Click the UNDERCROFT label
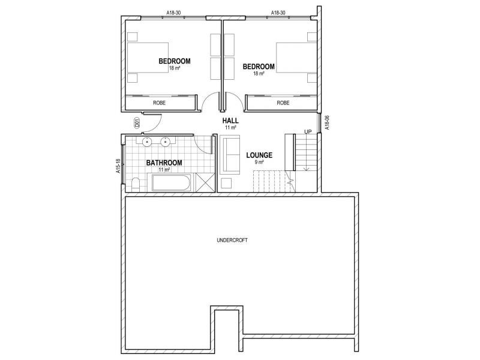(x=232, y=240)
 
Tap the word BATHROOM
(x=164, y=163)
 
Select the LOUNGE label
(x=259, y=155)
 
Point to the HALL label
(x=231, y=121)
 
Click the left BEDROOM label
(x=175, y=61)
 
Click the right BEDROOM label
(x=259, y=67)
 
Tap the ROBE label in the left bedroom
(x=159, y=103)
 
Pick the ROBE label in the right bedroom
(x=283, y=103)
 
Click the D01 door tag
(x=137, y=124)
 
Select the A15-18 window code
(x=119, y=166)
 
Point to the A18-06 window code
(x=326, y=122)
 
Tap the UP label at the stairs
(x=308, y=132)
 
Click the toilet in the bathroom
(x=135, y=184)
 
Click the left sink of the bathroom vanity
(x=146, y=142)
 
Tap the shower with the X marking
(x=205, y=182)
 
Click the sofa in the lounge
(x=229, y=154)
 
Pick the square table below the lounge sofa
(x=227, y=183)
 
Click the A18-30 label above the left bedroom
(x=175, y=12)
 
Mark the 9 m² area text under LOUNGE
(x=259, y=162)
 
